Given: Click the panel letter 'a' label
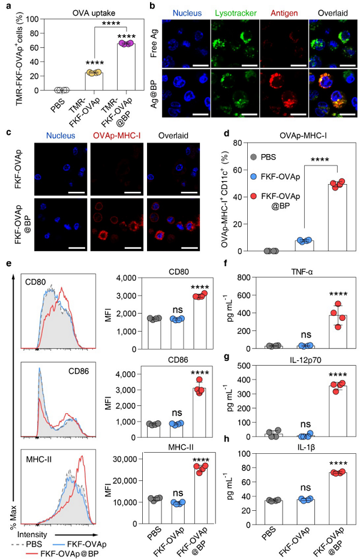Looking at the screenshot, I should [5, 7].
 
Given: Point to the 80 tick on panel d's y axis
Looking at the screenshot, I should [235, 143].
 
